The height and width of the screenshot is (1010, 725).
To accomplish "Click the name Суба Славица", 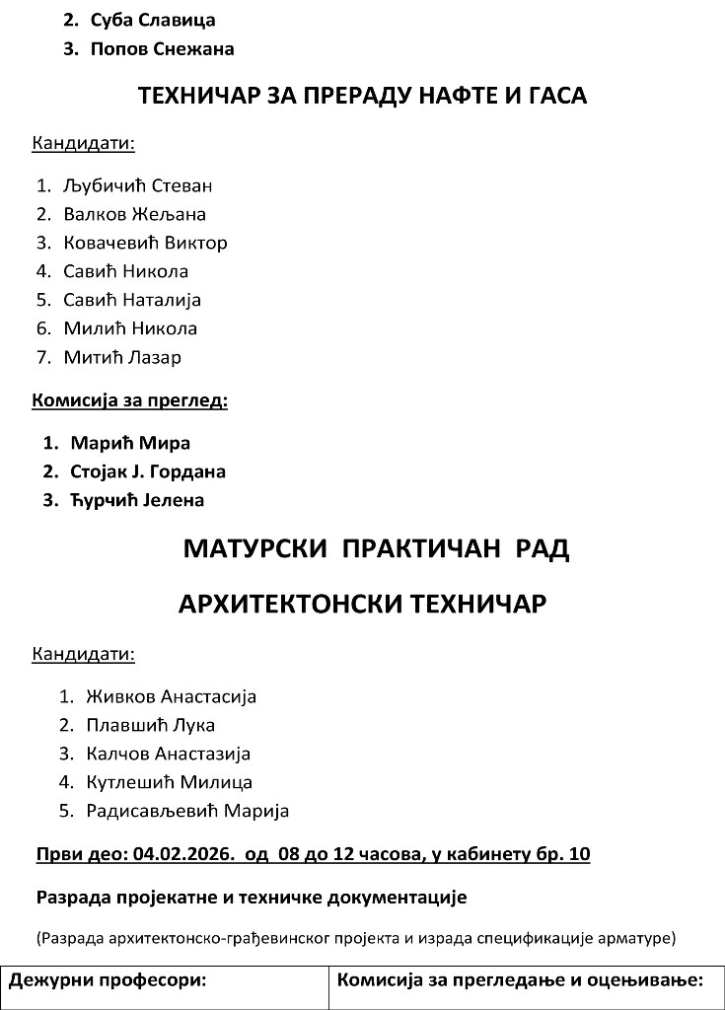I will (152, 20).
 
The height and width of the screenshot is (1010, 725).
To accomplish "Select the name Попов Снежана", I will (162, 48).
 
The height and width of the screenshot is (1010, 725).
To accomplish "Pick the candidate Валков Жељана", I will (134, 214).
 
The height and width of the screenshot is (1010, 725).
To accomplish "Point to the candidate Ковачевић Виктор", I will (145, 243).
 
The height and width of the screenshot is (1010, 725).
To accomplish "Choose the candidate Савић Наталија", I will (132, 300).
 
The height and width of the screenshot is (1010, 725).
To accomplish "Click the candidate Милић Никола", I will (130, 328).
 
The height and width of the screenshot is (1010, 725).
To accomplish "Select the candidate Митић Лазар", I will (122, 357).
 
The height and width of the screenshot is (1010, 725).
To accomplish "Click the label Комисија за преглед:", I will (130, 400).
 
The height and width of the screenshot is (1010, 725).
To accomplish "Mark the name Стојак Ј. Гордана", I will (148, 471).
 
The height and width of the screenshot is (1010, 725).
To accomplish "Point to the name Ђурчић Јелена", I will (137, 500).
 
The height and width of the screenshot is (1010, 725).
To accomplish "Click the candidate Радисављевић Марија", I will (187, 811).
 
